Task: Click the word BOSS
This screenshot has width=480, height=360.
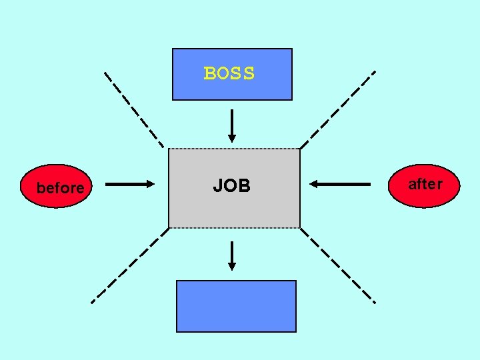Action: point(229,73)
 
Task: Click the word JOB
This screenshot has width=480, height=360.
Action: point(231,186)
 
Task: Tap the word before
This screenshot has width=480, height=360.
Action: point(60,188)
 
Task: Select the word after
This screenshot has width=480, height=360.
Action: point(425,184)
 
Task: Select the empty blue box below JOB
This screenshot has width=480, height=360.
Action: point(236,306)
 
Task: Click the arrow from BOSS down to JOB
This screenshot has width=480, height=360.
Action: point(232,124)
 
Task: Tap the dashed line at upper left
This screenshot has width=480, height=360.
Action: point(134,109)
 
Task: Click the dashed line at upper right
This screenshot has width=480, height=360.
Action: point(337,109)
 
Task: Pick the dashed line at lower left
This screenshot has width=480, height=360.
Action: point(129,265)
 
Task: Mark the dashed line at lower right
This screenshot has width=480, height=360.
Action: point(338,266)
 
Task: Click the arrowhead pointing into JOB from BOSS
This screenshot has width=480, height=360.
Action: point(232,138)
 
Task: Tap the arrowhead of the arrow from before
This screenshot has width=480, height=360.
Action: point(150,184)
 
